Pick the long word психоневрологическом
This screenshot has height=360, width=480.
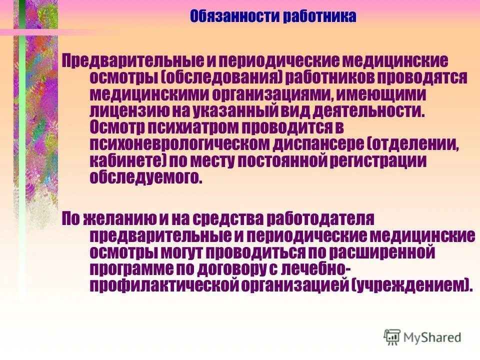coord(180,144)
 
